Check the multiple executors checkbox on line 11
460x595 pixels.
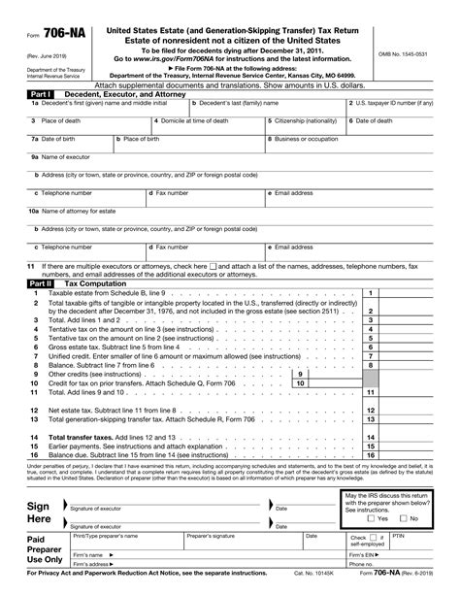coord(214,266)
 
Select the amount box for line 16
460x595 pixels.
coord(411,454)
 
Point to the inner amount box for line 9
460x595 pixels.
coord(330,374)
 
